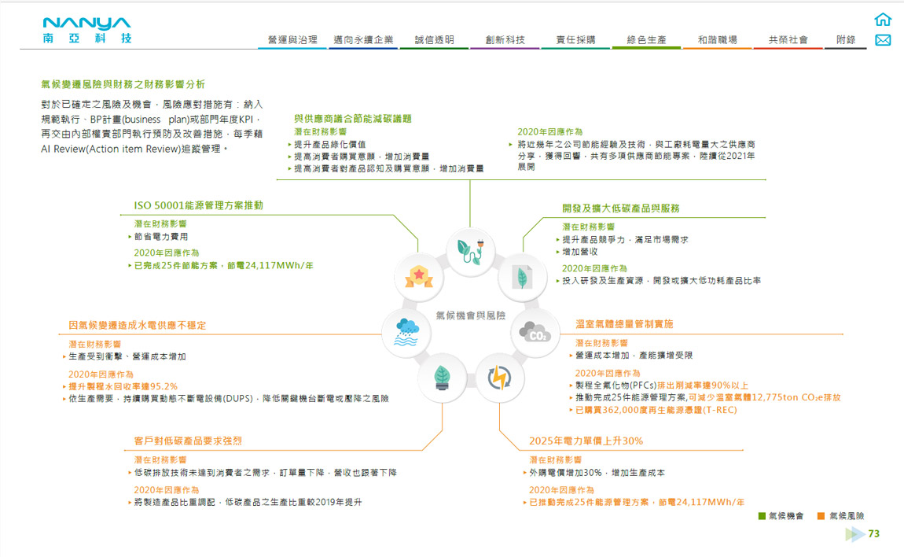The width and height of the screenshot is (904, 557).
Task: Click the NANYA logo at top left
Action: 87,29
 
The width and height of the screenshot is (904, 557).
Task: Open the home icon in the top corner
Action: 883,20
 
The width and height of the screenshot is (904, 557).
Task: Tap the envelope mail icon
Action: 883,40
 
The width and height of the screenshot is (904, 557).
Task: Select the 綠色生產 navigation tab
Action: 646,40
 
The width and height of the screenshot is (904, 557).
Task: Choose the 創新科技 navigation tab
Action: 505,40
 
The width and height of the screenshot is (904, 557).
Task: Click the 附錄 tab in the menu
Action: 846,40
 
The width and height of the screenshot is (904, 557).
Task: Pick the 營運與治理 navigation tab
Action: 292,40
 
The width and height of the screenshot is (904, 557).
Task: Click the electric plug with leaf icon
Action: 469,250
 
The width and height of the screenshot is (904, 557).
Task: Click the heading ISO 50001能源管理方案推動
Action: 198,205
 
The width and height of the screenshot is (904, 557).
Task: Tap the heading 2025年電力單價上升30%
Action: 586,441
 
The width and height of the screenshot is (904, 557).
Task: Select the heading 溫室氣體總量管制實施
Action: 624,324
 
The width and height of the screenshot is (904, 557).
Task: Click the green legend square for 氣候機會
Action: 762,516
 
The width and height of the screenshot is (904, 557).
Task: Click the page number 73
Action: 873,534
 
